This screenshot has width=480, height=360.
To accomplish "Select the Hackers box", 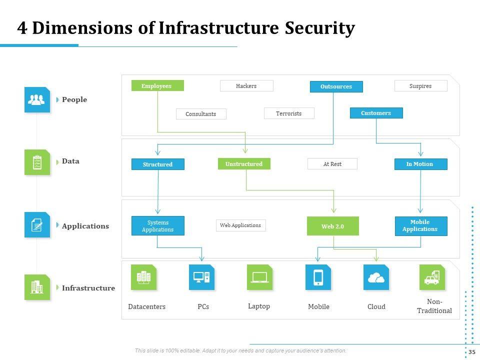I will [246, 86].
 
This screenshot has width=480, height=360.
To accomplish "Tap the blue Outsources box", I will [336, 86].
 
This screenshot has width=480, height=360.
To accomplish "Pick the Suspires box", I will [420, 86].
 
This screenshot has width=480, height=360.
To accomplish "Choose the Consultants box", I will [201, 114].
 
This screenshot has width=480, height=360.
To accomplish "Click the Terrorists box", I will [289, 113].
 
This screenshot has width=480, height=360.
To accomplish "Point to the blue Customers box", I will [376, 113].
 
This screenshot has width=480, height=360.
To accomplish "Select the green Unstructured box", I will [244, 164].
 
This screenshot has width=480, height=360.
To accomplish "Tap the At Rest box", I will [332, 164].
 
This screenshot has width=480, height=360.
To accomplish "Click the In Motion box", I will [420, 164].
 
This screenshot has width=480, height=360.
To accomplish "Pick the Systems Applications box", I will [158, 226].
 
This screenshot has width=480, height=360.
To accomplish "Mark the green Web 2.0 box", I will [333, 226].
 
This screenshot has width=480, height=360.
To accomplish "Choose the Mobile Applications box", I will [420, 226].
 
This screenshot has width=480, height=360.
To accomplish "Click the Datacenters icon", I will [144, 277].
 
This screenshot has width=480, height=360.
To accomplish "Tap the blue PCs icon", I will [201, 277].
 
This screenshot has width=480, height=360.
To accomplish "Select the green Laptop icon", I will [260, 277].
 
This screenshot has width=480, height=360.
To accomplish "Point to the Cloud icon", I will [376, 277].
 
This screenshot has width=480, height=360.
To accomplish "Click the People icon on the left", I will [37, 99].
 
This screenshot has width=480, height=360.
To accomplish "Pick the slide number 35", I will [471, 352].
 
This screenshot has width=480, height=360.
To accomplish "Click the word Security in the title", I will [320, 28].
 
